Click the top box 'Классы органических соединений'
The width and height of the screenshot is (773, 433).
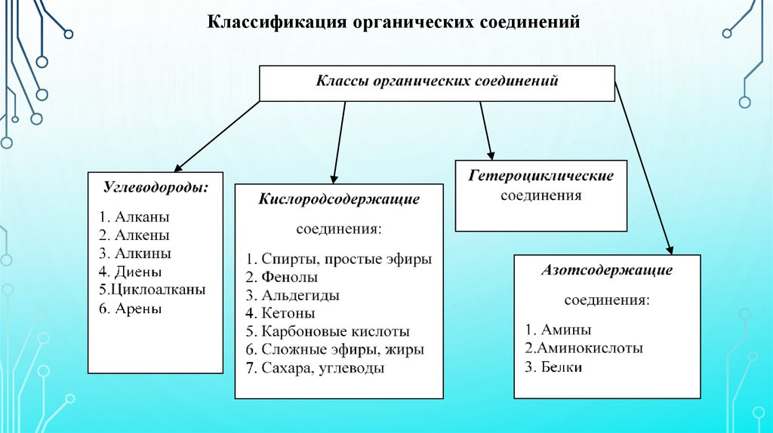pyautogui.click(x=436, y=81)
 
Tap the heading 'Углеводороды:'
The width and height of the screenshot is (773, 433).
pyautogui.click(x=156, y=186)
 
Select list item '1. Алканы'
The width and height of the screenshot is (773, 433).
pyautogui.click(x=133, y=216)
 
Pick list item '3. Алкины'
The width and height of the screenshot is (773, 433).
pyautogui.click(x=134, y=253)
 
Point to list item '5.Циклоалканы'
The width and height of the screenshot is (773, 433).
pyautogui.click(x=152, y=289)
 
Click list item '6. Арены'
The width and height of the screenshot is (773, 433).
pyautogui.click(x=130, y=308)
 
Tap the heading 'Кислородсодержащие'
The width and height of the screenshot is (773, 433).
pyautogui.click(x=339, y=199)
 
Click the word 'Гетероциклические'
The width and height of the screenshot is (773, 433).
pyautogui.click(x=540, y=176)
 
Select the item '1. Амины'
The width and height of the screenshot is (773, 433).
pyautogui.click(x=559, y=330)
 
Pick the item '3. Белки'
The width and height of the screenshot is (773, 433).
pyautogui.click(x=554, y=367)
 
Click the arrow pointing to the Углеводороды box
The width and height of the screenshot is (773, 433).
pyautogui.click(x=219, y=135)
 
